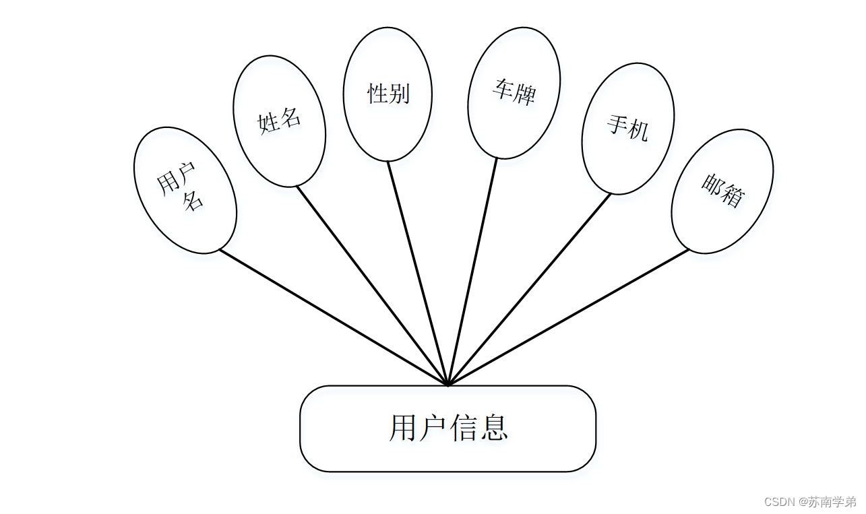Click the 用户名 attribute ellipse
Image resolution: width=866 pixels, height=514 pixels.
pyautogui.click(x=185, y=190)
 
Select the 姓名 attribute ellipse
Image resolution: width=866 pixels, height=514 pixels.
pyautogui.click(x=279, y=121)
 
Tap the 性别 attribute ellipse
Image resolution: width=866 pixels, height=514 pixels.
pyautogui.click(x=388, y=94)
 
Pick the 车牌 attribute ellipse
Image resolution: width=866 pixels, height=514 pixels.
pyautogui.click(x=514, y=92)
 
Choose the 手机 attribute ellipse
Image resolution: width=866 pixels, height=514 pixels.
pyautogui.click(x=627, y=128)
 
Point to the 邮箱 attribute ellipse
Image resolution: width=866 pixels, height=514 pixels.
pyautogui.click(x=722, y=191)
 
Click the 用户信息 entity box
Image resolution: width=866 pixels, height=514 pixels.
pyautogui.click(x=447, y=428)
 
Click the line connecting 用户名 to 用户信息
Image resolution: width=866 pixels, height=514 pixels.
pyautogui.click(x=334, y=317)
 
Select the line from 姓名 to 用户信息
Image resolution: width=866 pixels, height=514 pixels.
pyautogui.click(x=372, y=286)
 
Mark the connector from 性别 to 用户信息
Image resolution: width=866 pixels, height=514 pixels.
pyautogui.click(x=418, y=273)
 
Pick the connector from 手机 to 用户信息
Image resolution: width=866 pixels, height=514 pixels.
pyautogui.click(x=529, y=289)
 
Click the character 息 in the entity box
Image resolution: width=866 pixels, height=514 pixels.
pyautogui.click(x=494, y=428)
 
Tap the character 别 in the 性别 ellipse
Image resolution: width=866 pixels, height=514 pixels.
pyautogui.click(x=399, y=94)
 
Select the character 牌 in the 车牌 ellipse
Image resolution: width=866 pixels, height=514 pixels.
pyautogui.click(x=524, y=95)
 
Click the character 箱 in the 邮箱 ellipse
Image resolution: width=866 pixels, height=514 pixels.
pyautogui.click(x=732, y=196)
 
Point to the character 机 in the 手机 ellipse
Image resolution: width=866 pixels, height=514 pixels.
pyautogui.click(x=638, y=130)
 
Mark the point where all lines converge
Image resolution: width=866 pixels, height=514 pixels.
pyautogui.click(x=447, y=385)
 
